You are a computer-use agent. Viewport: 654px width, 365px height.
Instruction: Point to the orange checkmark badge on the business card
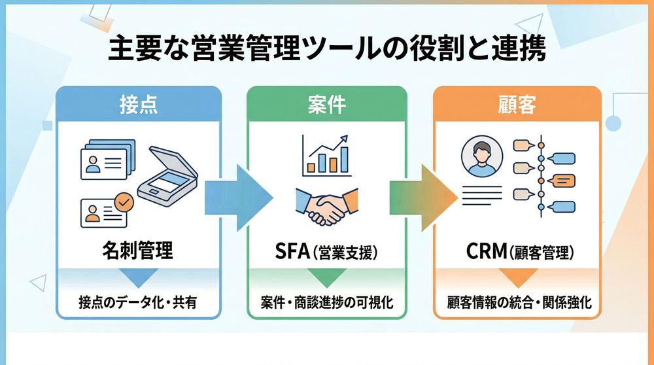point(122,201)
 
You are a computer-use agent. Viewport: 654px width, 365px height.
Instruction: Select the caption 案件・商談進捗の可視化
point(326,302)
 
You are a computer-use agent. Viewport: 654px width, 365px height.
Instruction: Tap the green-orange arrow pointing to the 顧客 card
point(422,198)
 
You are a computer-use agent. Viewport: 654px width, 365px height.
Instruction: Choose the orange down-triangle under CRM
point(517,279)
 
